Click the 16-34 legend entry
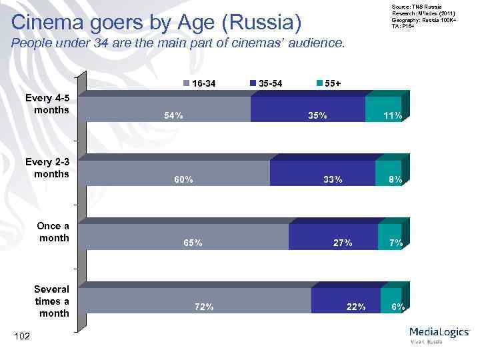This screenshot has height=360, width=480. [199, 83]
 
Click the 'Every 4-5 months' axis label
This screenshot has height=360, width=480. [47, 103]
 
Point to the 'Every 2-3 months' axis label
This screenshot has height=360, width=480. [47, 167]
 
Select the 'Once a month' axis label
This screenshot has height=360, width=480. [53, 231]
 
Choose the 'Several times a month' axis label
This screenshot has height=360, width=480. [51, 301]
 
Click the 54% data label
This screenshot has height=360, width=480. [174, 115]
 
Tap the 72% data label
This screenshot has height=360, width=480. [204, 307]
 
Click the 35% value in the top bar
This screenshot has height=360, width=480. [317, 115]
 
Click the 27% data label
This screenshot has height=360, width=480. [343, 243]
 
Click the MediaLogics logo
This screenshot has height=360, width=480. [439, 334]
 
